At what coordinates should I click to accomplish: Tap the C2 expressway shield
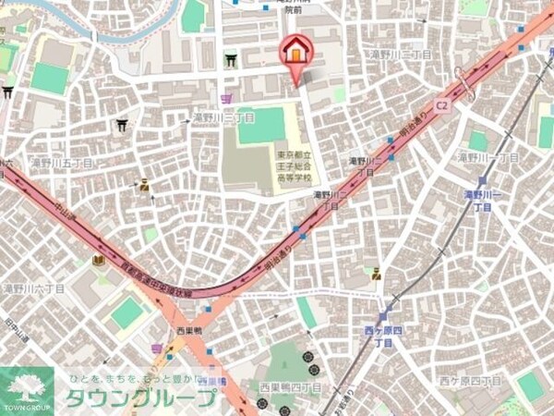[x=442, y=106]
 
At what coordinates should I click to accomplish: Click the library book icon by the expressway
[x=99, y=261]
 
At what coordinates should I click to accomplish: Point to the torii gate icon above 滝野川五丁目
[x=122, y=126]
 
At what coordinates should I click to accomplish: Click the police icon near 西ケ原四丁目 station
[x=376, y=274]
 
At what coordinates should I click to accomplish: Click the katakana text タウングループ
[x=140, y=399]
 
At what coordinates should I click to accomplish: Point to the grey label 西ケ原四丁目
[x=469, y=380]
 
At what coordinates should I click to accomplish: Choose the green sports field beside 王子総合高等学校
[x=261, y=125]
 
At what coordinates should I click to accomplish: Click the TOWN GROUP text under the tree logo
[x=27, y=408]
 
